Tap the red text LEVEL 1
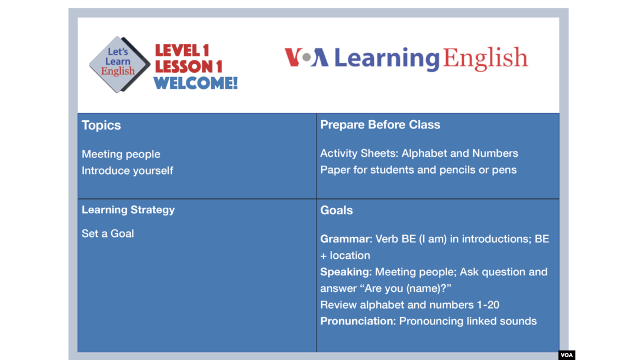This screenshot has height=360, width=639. coord(182,50)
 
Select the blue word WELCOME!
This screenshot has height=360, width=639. coord(196,83)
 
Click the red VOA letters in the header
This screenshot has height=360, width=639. coord(306,57)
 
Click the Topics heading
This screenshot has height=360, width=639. coord(101,125)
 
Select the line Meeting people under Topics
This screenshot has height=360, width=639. coord(121,154)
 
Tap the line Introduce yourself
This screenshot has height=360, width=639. coord(127,171)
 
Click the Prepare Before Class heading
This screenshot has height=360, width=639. coord(380,125)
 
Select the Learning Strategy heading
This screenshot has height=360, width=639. coord(128,210)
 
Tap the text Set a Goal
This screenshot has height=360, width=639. coord(108,234)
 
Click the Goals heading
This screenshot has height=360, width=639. coord(336,210)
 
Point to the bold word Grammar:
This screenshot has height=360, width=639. coord(346,239)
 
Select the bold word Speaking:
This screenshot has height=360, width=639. coord(346,272)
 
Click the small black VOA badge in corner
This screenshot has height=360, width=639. coord(566,355)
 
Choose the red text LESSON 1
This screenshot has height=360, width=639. coord(188,67)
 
